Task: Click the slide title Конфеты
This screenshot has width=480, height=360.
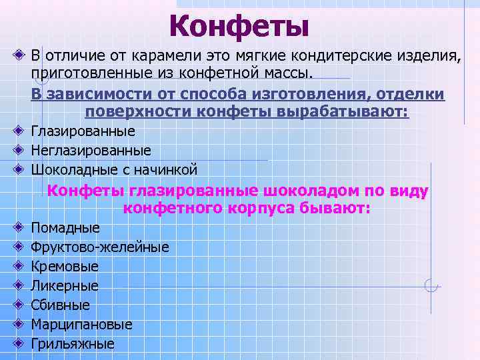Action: click(239, 26)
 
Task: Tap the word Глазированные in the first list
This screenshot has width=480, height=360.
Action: click(83, 131)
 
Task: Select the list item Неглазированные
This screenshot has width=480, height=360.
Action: click(91, 150)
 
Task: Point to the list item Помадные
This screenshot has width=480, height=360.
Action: click(65, 228)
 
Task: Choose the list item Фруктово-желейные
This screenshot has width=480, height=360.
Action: click(100, 247)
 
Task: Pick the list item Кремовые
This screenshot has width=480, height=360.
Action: click(65, 267)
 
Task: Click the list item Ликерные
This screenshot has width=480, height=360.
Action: click(65, 286)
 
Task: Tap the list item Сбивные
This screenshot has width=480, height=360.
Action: click(61, 305)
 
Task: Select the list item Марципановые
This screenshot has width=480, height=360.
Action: click(81, 325)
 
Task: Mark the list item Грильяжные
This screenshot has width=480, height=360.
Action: click(73, 344)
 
